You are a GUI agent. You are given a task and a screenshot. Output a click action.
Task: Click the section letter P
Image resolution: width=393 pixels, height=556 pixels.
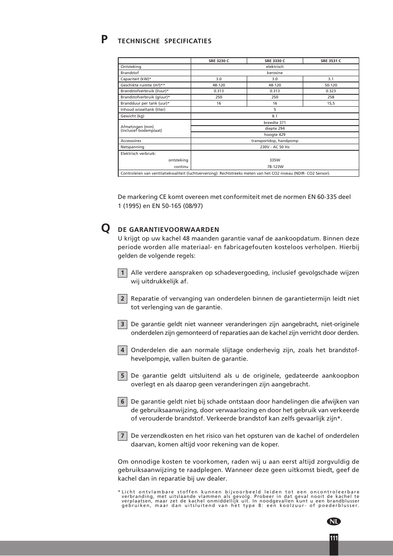pyautogui.click(x=105, y=40)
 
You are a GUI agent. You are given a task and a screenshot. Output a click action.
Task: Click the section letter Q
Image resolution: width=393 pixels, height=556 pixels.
pyautogui.click(x=105, y=228)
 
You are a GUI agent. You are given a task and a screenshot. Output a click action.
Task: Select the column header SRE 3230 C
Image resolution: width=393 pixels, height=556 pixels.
pyautogui.click(x=219, y=61)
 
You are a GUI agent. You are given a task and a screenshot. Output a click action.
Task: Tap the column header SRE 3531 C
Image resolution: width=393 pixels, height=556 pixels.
pyautogui.click(x=331, y=61)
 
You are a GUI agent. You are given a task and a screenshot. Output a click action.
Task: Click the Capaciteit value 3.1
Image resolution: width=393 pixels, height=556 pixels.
pyautogui.click(x=331, y=79)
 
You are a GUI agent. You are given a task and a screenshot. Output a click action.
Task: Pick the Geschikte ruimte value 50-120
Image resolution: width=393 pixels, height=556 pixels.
pyautogui.click(x=331, y=85)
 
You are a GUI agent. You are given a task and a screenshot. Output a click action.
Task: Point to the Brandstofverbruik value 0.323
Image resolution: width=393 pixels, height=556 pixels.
pyautogui.click(x=331, y=91)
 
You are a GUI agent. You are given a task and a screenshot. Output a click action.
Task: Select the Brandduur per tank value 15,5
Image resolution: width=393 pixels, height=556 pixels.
pyautogui.click(x=331, y=103)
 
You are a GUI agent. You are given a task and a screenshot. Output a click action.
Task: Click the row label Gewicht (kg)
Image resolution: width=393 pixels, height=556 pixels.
pyautogui.click(x=132, y=116)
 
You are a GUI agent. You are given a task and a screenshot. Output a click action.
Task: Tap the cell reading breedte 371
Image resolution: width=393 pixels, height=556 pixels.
pyautogui.click(x=275, y=123)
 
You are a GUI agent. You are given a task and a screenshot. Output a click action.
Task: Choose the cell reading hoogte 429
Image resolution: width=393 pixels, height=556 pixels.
pyautogui.click(x=275, y=135)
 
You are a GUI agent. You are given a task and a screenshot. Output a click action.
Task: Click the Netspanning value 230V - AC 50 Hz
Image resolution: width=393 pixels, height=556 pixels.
pyautogui.click(x=275, y=147)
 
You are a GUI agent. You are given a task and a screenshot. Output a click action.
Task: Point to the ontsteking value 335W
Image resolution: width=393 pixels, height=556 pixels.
pyautogui.click(x=275, y=160)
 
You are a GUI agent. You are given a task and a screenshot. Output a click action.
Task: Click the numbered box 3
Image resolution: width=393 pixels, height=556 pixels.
pyautogui.click(x=122, y=325)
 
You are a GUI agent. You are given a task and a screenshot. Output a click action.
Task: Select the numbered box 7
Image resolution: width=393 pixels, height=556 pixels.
pyautogui.click(x=122, y=436)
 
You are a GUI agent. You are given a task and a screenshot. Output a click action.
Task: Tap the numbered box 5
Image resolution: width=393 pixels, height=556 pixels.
pyautogui.click(x=122, y=376)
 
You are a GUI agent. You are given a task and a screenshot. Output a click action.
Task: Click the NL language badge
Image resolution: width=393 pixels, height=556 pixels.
pyautogui.click(x=334, y=521)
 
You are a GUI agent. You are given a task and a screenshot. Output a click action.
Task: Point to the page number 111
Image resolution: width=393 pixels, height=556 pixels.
pyautogui.click(x=334, y=538)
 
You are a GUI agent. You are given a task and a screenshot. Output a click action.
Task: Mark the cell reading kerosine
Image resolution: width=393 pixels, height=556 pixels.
pyautogui.click(x=275, y=73)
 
